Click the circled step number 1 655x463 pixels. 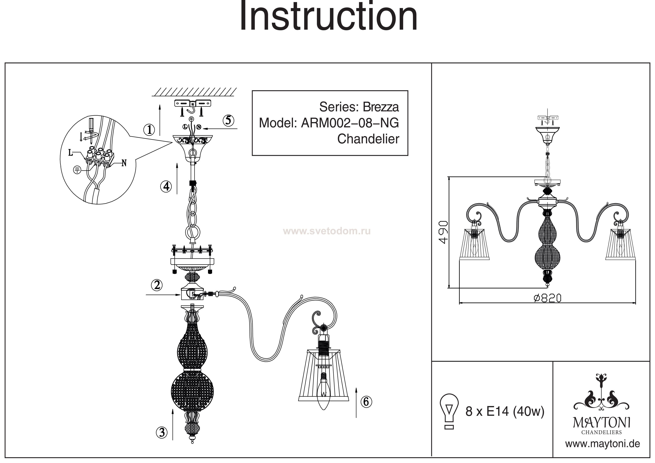pos(149,130)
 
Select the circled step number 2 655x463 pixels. pos(157,285)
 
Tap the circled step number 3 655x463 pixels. pos(162,433)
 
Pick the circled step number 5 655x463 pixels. pos(228,120)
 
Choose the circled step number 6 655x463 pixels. pos(366,402)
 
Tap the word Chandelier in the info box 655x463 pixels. pos(368,139)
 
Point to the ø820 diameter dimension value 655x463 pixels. pos(547,298)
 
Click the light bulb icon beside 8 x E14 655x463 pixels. pos(449,411)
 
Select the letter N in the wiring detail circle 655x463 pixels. pos(124,163)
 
